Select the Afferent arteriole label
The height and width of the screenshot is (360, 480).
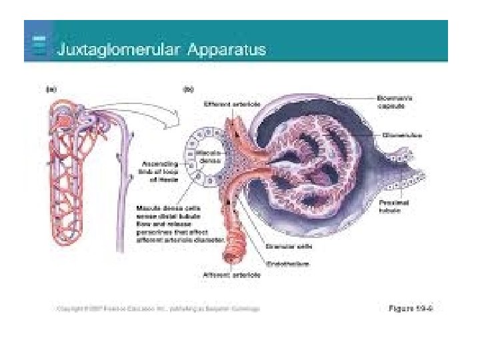225,275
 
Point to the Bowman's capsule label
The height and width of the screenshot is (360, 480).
395,100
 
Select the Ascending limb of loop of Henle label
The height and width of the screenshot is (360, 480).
161,169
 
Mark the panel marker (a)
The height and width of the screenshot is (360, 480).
50,88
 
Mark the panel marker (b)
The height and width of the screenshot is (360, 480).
189,88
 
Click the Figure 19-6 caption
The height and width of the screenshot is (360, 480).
411,308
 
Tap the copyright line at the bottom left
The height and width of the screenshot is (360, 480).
157,309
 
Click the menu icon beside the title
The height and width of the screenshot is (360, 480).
39,46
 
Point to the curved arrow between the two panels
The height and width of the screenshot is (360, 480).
153,120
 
